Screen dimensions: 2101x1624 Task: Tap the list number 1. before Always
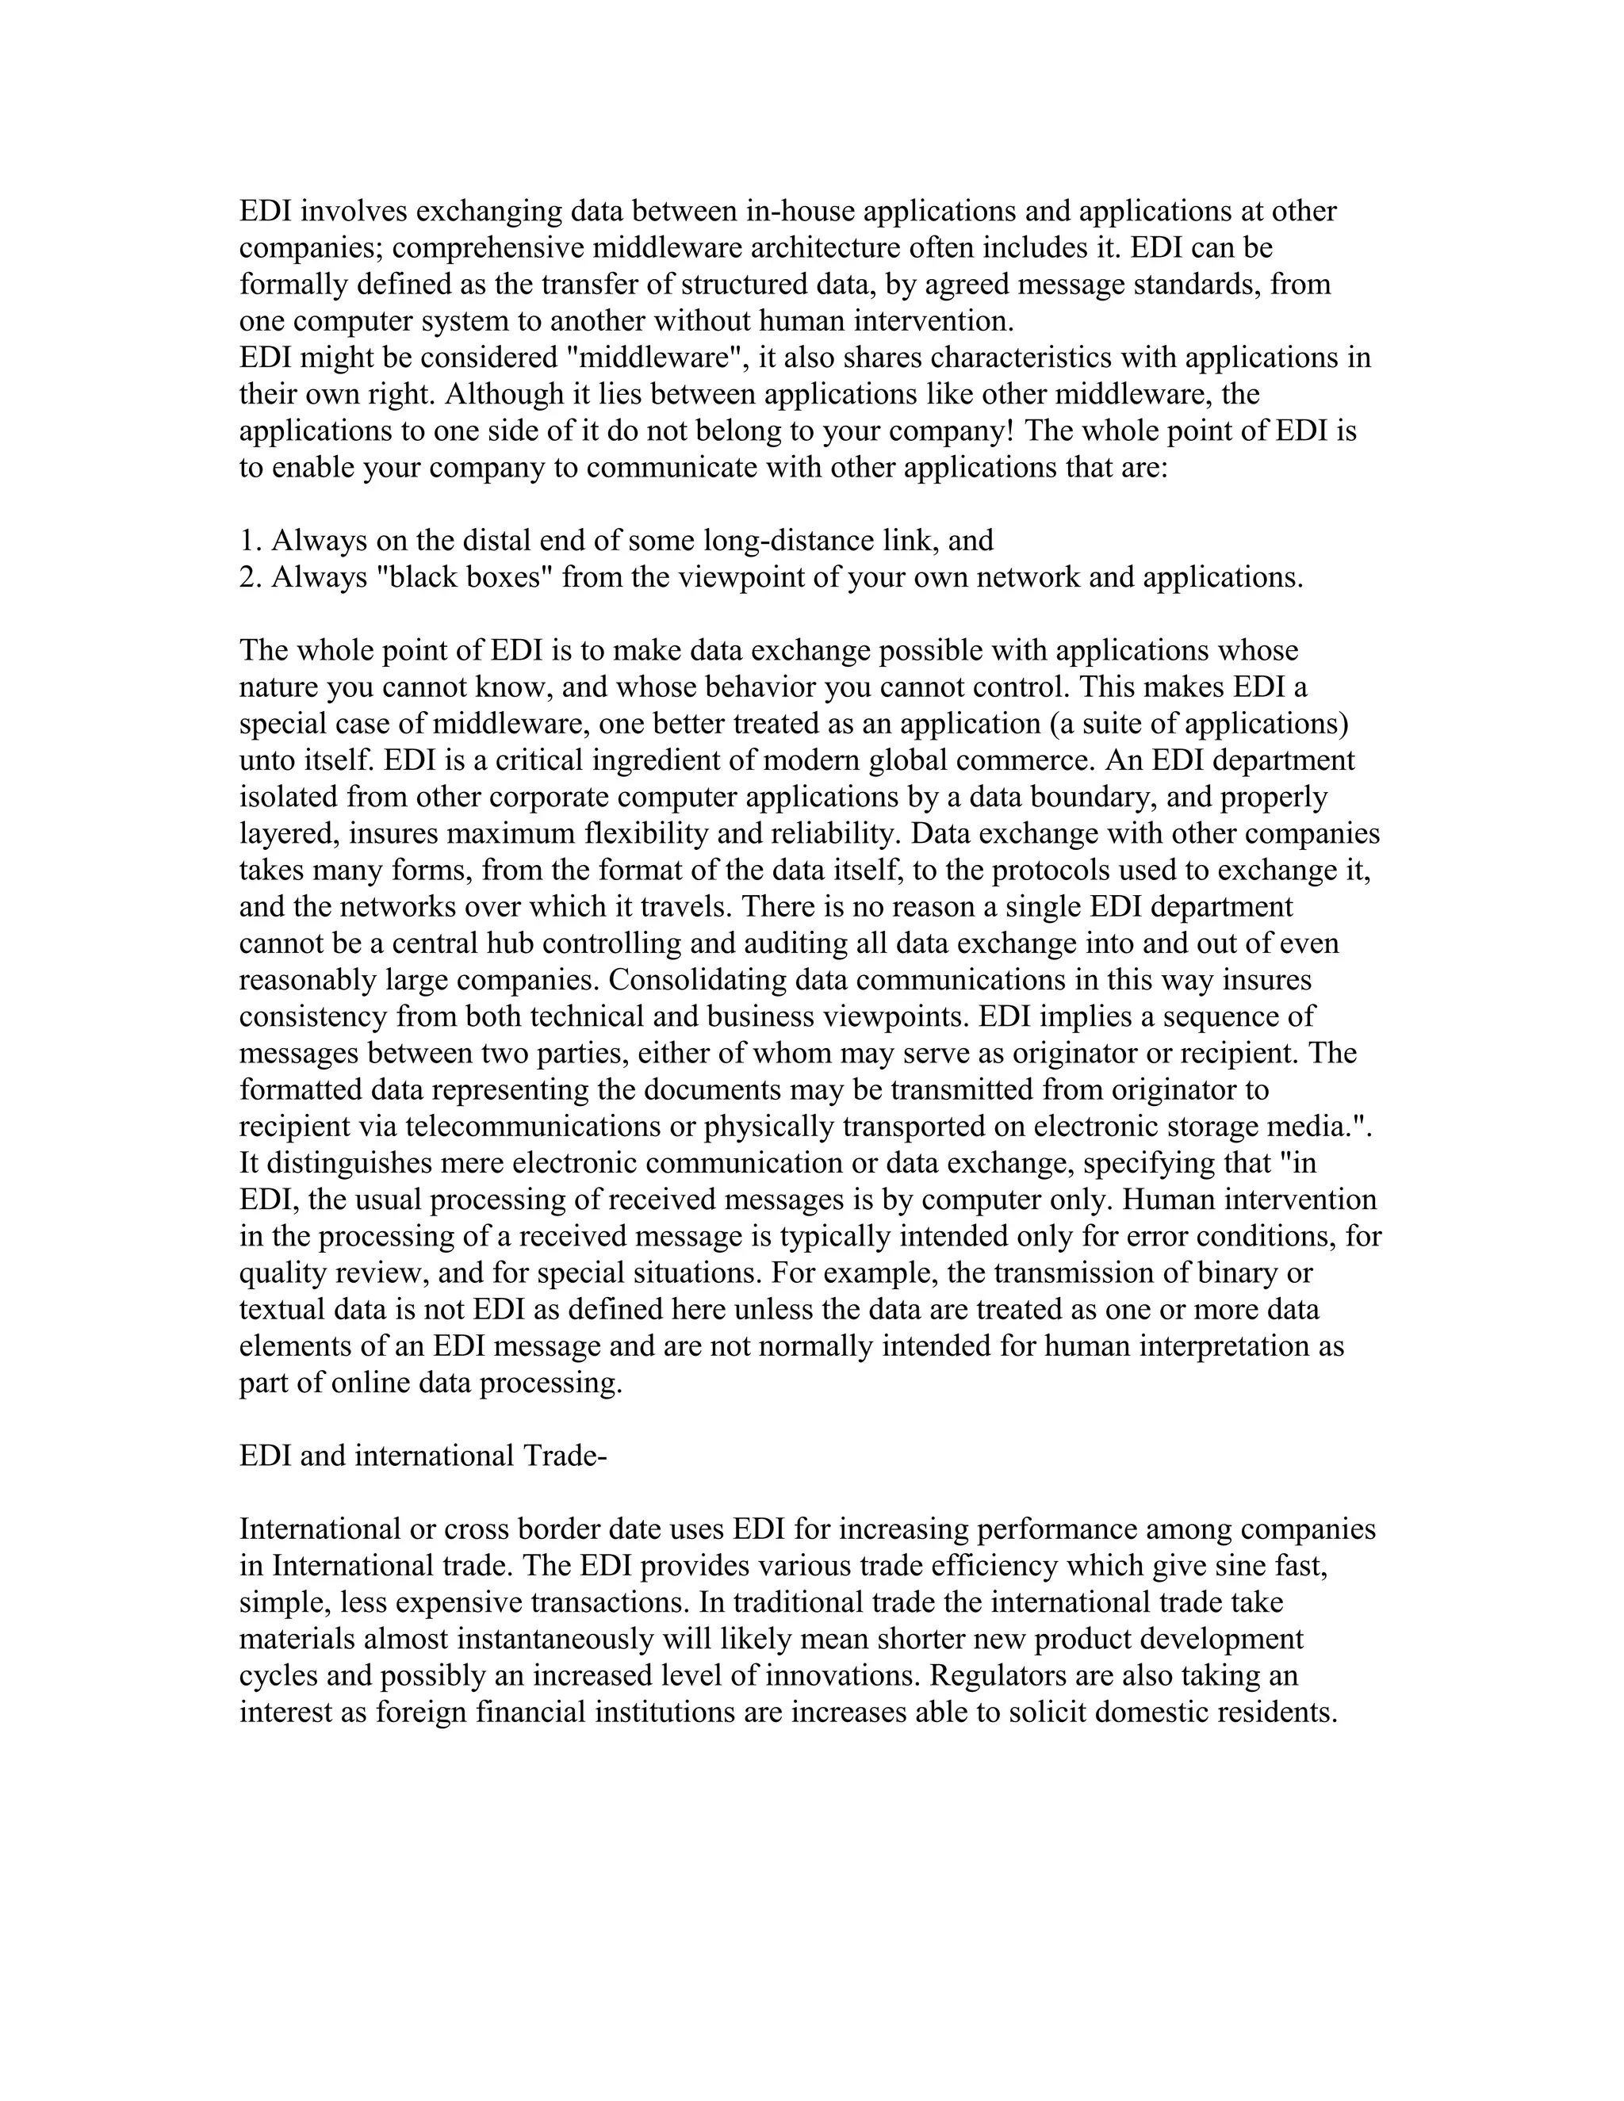251,541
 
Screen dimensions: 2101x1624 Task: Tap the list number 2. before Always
251,577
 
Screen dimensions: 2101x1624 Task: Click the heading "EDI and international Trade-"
423,1456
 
